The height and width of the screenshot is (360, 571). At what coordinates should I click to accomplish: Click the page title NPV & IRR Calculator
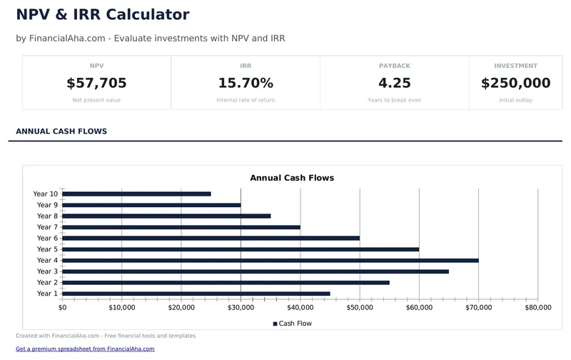point(102,14)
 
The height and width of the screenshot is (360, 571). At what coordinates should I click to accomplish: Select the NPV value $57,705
point(96,83)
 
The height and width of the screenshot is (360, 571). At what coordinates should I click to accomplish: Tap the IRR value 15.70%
point(246,83)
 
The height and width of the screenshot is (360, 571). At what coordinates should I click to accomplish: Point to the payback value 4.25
point(394,83)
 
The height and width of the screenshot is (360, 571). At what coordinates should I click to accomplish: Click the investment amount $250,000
point(515,83)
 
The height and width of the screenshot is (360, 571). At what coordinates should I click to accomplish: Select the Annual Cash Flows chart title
point(291,178)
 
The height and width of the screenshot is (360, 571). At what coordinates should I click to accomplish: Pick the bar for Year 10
point(136,194)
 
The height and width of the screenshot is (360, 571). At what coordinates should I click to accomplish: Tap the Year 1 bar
point(196,294)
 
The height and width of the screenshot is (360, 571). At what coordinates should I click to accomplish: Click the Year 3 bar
point(255,271)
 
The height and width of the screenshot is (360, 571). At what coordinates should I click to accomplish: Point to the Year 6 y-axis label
point(47,238)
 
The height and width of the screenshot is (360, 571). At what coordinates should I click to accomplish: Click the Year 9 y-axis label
point(47,205)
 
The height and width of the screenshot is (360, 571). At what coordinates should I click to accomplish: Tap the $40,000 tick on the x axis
point(300,308)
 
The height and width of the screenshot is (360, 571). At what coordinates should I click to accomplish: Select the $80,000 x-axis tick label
point(537,308)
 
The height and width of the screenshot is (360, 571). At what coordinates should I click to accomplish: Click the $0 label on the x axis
point(63,308)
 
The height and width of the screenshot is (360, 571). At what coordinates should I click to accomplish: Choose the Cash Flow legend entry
point(292,324)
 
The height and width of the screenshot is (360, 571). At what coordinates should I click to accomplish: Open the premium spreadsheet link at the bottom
point(85,349)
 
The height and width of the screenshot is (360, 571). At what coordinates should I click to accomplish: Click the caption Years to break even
point(394,100)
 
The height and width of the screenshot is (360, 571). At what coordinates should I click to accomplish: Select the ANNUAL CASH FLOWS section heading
point(61,131)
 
